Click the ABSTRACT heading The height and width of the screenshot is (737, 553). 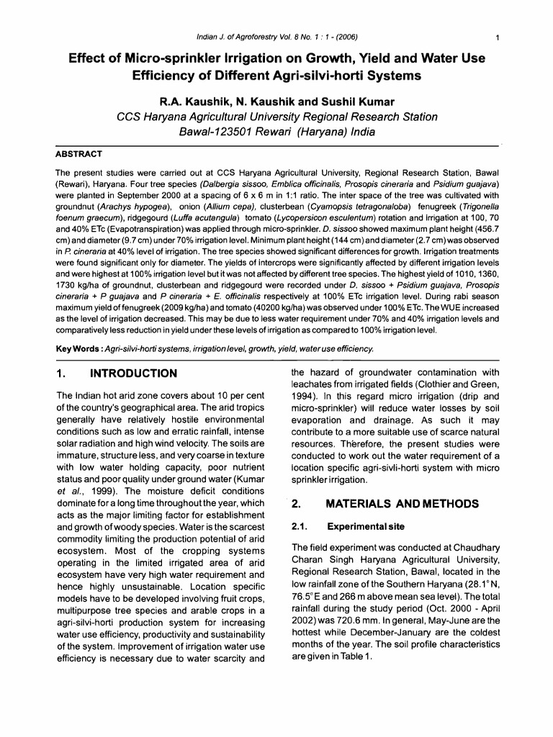78,154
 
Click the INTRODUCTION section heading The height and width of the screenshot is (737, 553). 132,373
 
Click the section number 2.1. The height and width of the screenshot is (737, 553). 300,526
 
